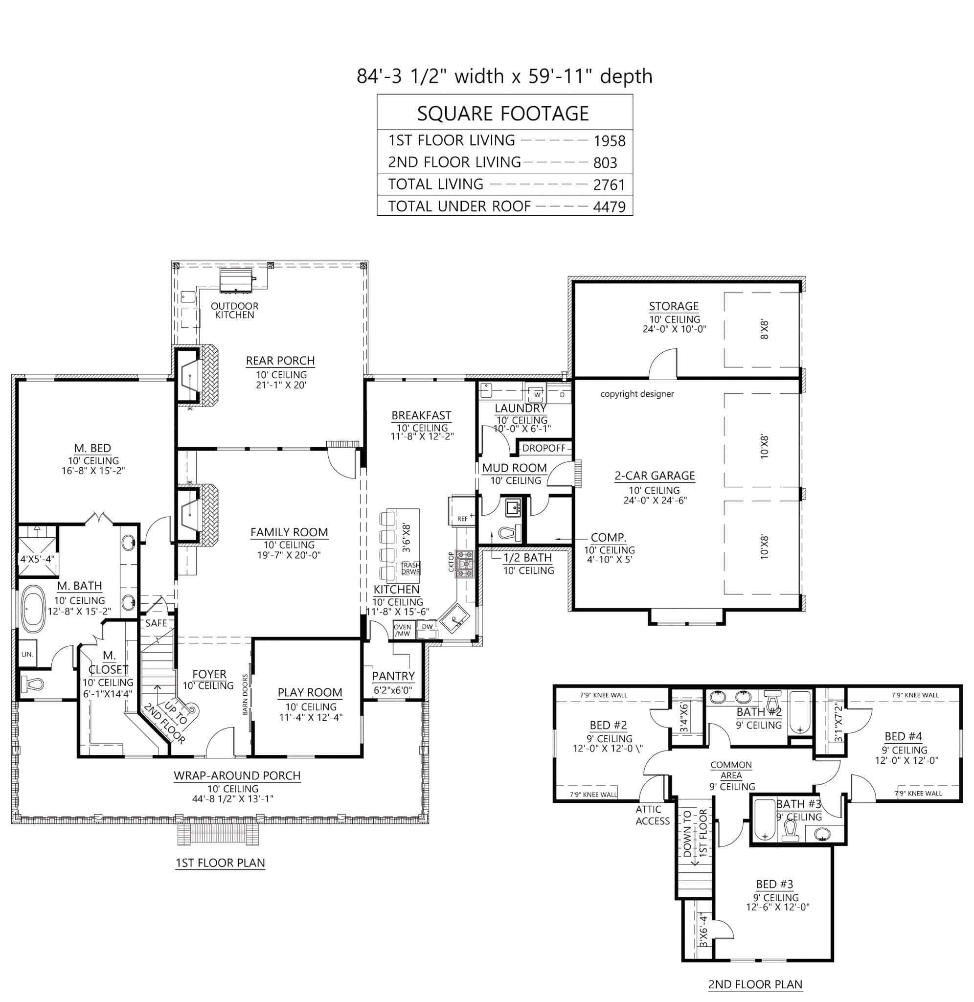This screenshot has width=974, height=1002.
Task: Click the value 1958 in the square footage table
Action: (x=609, y=140)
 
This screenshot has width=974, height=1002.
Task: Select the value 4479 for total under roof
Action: (x=609, y=206)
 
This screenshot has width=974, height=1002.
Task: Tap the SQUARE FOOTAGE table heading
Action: (x=503, y=113)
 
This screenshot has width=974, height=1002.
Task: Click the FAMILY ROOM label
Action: (x=289, y=532)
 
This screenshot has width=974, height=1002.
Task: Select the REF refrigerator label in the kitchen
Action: (x=462, y=519)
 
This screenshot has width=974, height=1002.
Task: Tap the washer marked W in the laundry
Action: (x=537, y=395)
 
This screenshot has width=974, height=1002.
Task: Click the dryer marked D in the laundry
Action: (x=562, y=395)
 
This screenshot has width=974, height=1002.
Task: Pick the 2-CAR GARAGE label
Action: (x=654, y=476)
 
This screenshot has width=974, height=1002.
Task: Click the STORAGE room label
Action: (x=673, y=306)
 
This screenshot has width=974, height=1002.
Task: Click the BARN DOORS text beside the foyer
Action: (x=246, y=694)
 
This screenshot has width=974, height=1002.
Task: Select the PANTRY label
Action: (x=393, y=676)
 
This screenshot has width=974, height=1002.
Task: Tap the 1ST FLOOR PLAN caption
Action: (x=220, y=863)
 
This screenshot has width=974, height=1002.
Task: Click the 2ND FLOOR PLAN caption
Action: (x=754, y=984)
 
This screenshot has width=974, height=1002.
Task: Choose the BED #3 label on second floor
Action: (x=774, y=884)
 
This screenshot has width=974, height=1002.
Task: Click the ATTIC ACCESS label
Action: (x=652, y=815)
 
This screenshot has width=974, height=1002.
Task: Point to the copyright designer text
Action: (x=636, y=394)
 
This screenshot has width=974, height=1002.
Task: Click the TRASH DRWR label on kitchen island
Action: (x=410, y=568)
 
